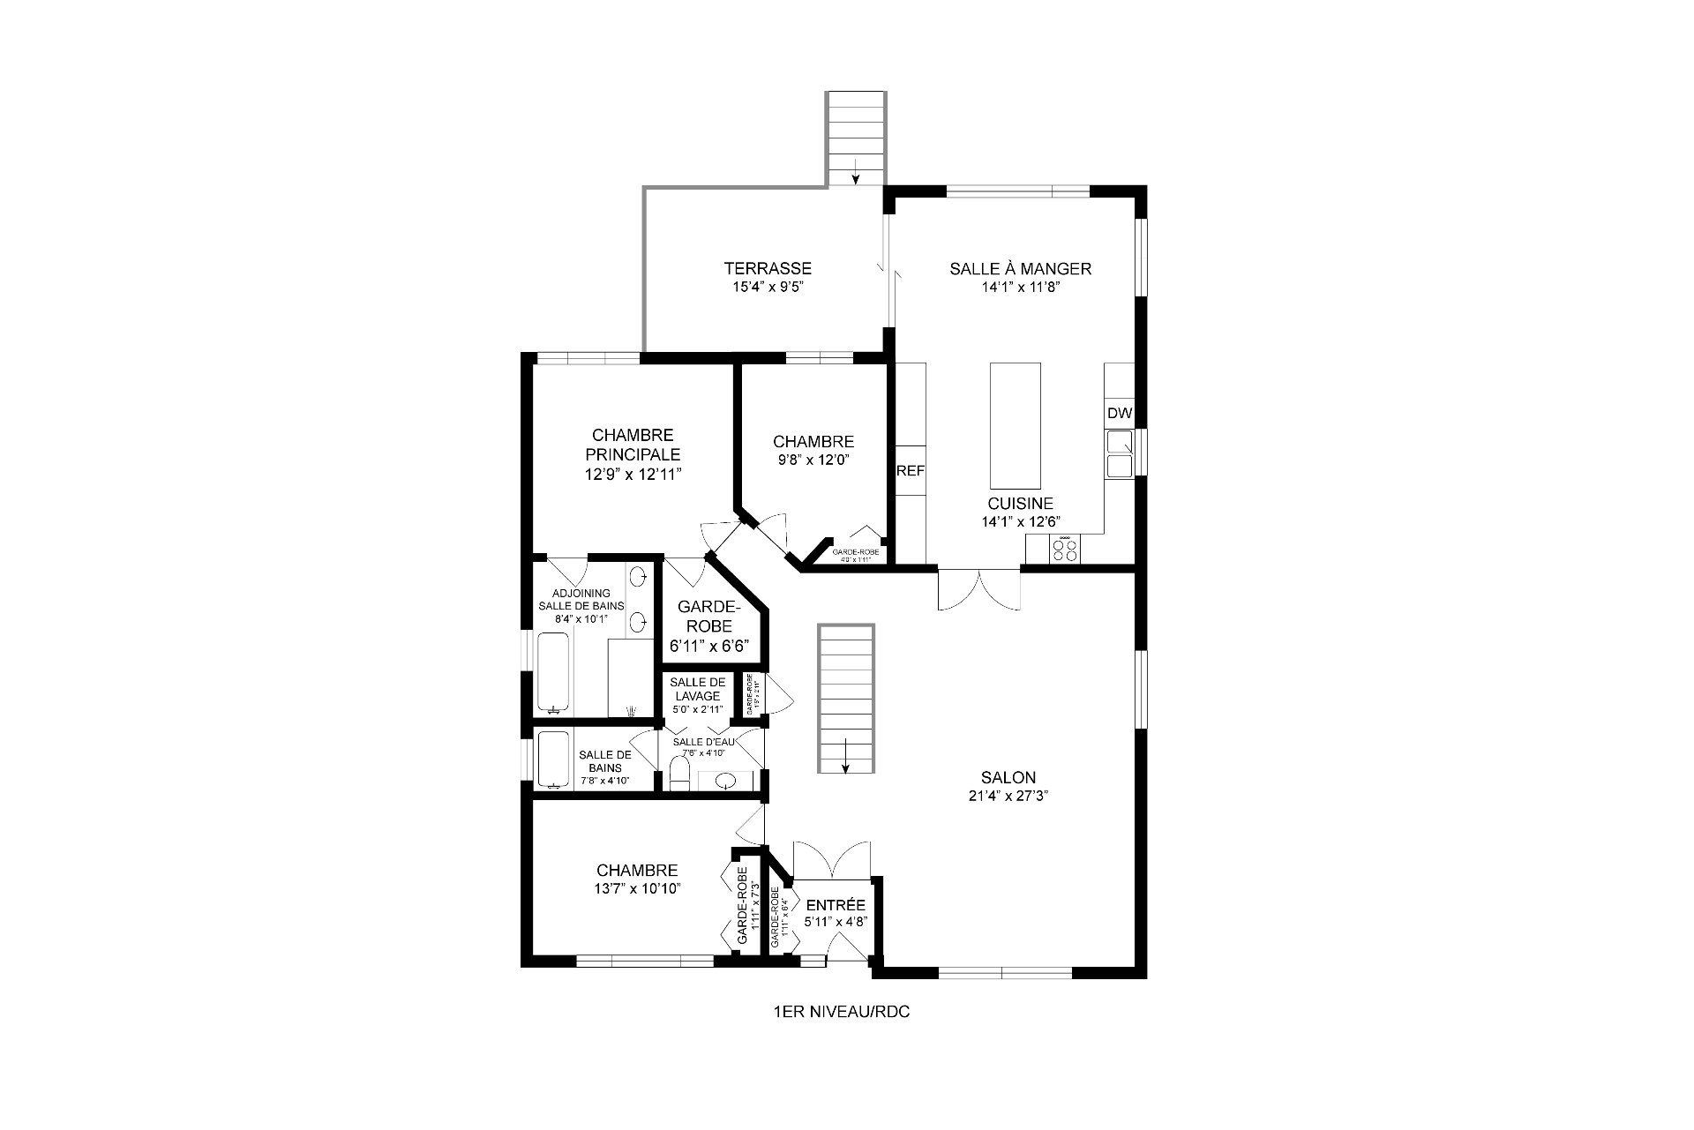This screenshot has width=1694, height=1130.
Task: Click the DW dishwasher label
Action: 1119,414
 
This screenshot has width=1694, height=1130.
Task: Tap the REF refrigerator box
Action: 911,470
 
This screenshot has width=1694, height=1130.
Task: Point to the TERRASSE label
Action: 768,268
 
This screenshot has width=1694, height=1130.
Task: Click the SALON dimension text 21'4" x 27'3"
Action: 1008,795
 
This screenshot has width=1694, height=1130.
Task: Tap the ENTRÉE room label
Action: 834,906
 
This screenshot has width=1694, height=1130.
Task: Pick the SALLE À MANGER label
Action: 1020,268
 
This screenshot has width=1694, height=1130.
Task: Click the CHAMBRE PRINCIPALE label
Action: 633,445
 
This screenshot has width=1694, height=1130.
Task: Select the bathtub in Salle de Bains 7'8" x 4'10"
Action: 553,759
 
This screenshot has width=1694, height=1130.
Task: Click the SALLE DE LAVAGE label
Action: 697,689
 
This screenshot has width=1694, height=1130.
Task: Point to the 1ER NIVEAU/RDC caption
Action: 840,1012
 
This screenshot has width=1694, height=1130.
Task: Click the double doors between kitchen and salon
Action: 979,589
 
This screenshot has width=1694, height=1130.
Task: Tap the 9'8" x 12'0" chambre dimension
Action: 813,459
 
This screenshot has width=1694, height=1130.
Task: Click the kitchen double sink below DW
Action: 1119,453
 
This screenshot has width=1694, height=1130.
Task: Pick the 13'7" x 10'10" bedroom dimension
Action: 636,888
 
